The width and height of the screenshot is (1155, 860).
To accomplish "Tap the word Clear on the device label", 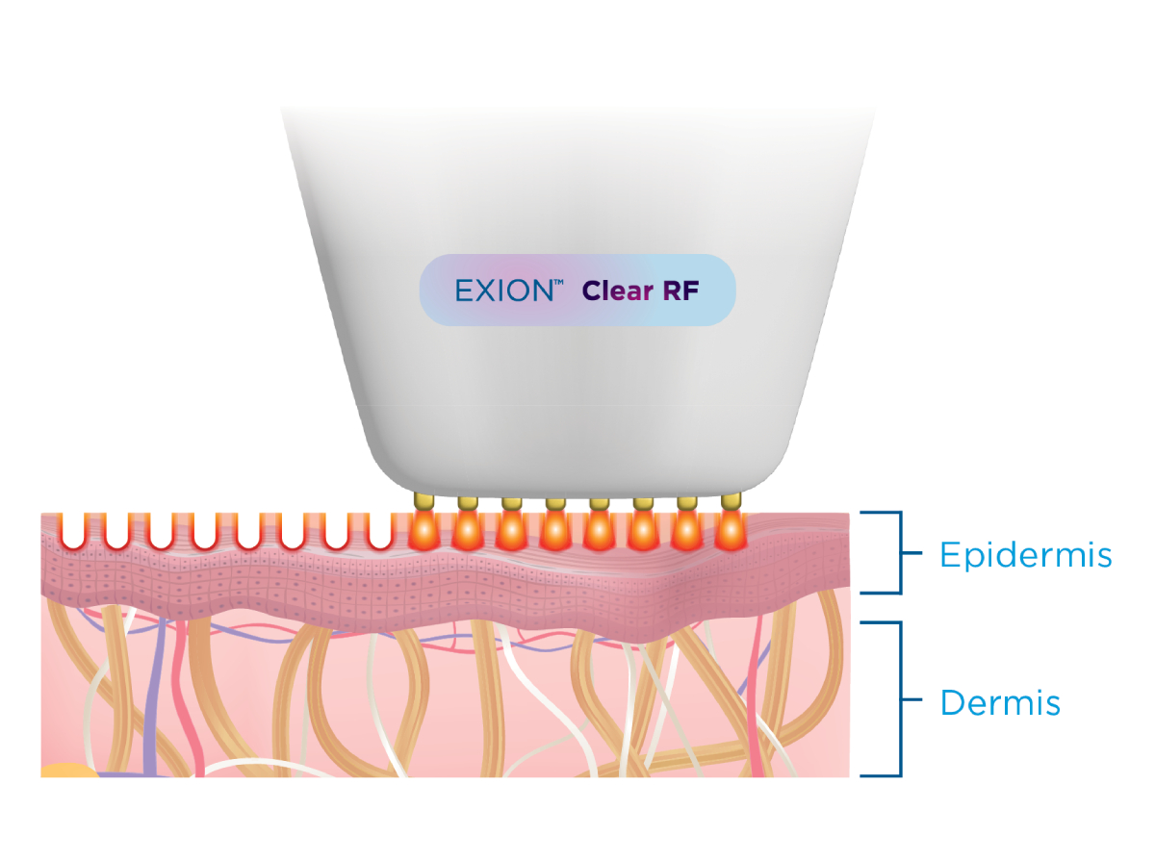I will (616, 291).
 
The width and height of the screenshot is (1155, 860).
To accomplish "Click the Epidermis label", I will (1026, 555).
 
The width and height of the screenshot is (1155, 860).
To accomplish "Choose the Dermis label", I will (1000, 703).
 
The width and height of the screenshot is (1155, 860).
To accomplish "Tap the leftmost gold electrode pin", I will (422, 501).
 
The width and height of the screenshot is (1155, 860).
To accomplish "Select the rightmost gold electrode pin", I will (730, 501).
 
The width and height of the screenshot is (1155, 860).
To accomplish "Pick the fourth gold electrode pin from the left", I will (554, 501).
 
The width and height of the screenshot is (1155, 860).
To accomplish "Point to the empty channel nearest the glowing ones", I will (378, 531).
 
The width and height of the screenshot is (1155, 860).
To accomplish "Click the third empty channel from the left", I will (159, 531).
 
